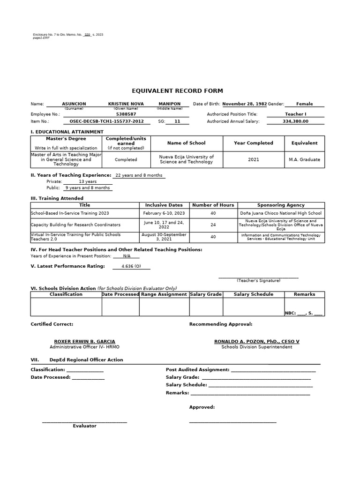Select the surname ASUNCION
(74, 104)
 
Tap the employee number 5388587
(126, 114)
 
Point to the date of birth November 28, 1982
(244, 104)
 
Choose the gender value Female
(304, 104)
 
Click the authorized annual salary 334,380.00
(295, 121)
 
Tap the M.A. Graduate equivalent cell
(304, 159)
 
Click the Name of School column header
(186, 143)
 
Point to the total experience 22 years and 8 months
(139, 175)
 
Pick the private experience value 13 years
(88, 181)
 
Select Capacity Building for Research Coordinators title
(75, 225)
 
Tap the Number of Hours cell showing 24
(213, 225)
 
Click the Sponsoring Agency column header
(281, 205)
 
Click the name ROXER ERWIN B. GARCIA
(84, 341)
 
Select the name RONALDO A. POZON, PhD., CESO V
(256, 341)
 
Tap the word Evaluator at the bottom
(84, 426)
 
